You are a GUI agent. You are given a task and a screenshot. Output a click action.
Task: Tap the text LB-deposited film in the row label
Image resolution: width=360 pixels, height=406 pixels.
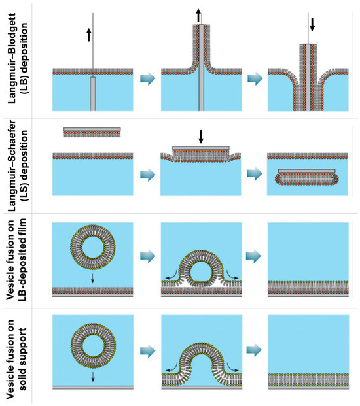point(22,260)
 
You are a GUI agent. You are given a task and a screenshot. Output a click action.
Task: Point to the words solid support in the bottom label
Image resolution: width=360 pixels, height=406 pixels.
point(22,359)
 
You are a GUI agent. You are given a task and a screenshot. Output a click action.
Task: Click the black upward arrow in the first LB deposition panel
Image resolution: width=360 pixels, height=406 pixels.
point(89,35)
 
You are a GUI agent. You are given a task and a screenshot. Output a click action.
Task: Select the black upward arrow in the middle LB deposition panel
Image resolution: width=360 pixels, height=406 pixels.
point(198,16)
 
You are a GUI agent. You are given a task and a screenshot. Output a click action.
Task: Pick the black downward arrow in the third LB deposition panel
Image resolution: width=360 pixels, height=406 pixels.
point(312,24)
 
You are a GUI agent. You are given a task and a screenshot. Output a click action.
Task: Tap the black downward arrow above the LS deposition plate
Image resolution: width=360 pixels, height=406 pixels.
point(201,137)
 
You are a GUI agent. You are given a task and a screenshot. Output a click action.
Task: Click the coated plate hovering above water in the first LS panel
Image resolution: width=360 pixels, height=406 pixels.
point(92,132)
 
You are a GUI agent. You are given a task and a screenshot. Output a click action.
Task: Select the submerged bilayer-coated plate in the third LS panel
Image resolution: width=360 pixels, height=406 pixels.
point(306,177)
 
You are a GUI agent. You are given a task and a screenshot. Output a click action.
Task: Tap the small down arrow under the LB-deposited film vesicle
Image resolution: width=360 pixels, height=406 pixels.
point(93,279)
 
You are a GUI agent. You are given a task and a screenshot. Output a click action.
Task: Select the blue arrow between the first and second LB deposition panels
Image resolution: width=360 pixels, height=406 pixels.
point(148,78)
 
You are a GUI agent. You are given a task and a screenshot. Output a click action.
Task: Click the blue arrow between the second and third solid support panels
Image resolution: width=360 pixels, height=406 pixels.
point(254,350)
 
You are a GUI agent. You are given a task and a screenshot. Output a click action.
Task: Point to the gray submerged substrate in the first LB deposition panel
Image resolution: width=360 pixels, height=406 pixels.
point(93,94)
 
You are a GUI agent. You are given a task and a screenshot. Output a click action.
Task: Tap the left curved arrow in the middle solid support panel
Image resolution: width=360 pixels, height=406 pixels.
point(171,367)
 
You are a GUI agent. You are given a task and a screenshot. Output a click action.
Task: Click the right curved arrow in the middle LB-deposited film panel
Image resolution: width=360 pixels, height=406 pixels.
point(232,275)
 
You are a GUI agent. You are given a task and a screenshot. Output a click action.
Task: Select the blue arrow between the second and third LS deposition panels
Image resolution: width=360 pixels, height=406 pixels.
point(254,173)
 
